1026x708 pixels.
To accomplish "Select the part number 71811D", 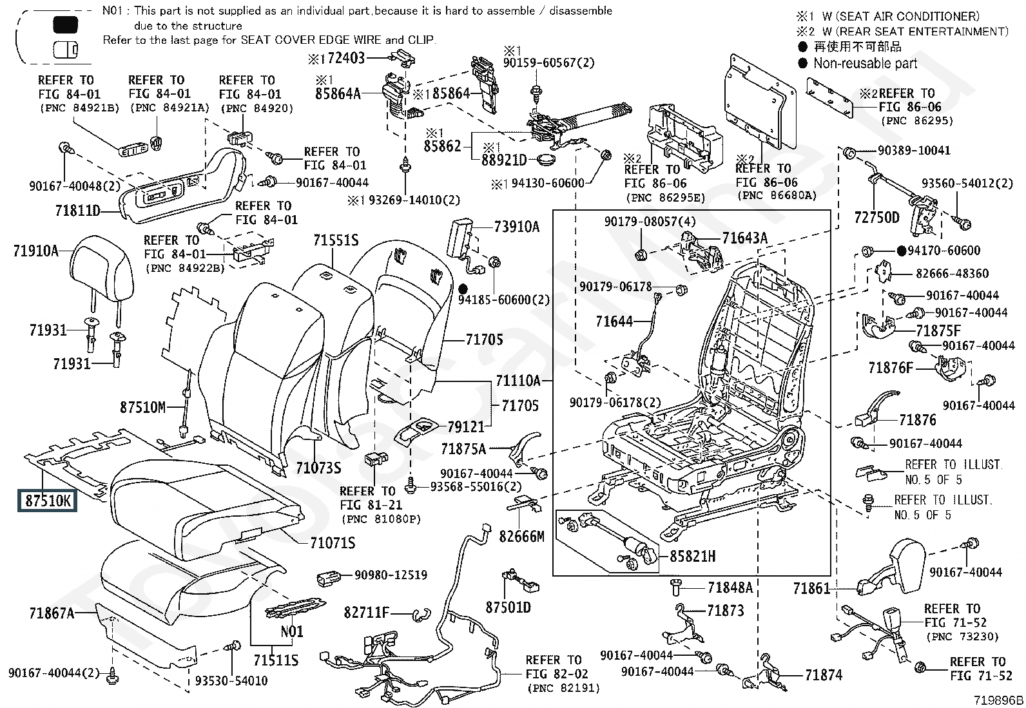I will tap(77, 210).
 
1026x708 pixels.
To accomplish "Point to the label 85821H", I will tap(692, 556).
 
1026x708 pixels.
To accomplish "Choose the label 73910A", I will tap(516, 227).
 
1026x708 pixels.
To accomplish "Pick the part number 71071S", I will tap(332, 543).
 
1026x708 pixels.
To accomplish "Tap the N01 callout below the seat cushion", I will tap(291, 631).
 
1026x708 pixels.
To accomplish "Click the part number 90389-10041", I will tap(914, 151).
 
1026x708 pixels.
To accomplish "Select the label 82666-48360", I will tap(952, 274).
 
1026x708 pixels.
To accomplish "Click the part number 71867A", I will tap(52, 613).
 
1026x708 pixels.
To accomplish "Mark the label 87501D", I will tap(508, 608).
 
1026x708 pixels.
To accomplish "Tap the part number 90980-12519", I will tap(391, 575).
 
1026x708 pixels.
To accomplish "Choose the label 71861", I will tap(811, 588).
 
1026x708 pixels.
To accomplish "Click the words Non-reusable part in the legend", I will tap(865, 63).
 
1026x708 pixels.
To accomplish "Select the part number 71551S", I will tap(336, 240).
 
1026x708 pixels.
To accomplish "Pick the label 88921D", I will tap(504, 159).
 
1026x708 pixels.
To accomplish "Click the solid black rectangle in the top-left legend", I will tap(65, 25).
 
